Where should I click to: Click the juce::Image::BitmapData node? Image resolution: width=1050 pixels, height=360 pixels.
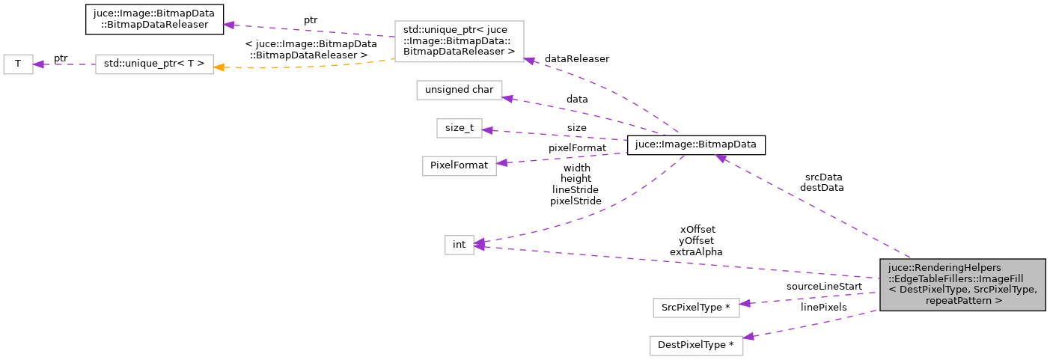[695, 144]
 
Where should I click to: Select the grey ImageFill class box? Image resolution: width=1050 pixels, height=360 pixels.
[962, 284]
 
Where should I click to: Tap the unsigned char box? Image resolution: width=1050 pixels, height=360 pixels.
[459, 90]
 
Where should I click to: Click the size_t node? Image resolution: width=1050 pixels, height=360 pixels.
[458, 128]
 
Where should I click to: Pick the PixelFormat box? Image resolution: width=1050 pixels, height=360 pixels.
[459, 165]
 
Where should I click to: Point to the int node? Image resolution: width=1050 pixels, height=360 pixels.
[459, 244]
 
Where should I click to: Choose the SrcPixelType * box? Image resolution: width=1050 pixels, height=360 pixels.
[696, 308]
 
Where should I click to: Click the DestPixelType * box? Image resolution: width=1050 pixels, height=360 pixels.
[696, 345]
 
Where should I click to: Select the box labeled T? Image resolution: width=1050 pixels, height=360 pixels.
[18, 64]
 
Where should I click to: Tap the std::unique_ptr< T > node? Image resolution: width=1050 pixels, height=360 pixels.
[154, 64]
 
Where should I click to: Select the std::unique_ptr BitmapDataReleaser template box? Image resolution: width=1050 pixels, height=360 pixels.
[459, 40]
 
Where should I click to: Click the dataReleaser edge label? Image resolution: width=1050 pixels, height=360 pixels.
[577, 58]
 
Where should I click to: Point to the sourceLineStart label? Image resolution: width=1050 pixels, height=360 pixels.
[823, 286]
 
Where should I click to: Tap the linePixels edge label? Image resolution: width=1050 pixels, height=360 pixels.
[823, 307]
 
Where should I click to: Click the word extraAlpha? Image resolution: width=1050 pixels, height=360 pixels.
[696, 252]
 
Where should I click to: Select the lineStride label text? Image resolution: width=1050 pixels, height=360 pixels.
[576, 189]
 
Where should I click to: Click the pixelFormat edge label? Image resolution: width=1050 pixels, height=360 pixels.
[577, 148]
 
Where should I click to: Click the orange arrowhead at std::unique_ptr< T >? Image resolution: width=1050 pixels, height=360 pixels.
[219, 67]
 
